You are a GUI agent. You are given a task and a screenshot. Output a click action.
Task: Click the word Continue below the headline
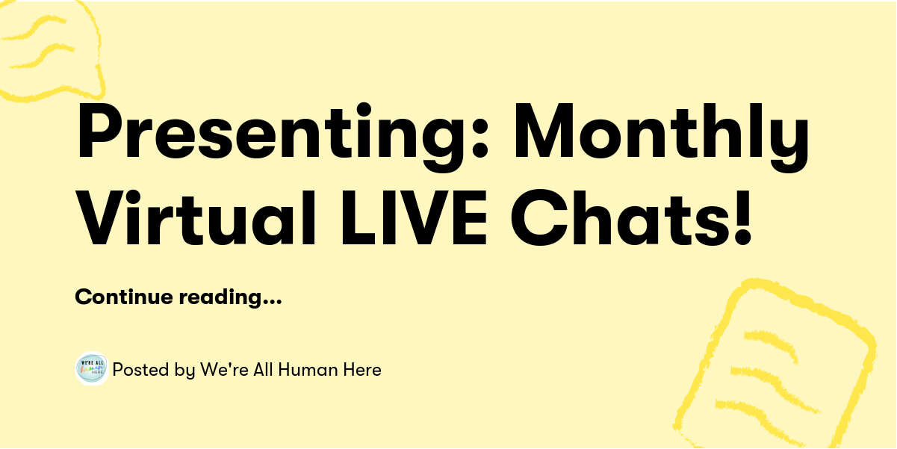click(x=123, y=297)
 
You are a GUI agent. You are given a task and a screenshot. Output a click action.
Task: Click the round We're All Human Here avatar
click(x=92, y=369)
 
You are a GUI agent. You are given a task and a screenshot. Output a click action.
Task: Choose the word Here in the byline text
click(x=364, y=369)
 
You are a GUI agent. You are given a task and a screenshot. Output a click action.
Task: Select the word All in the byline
click(x=262, y=369)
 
